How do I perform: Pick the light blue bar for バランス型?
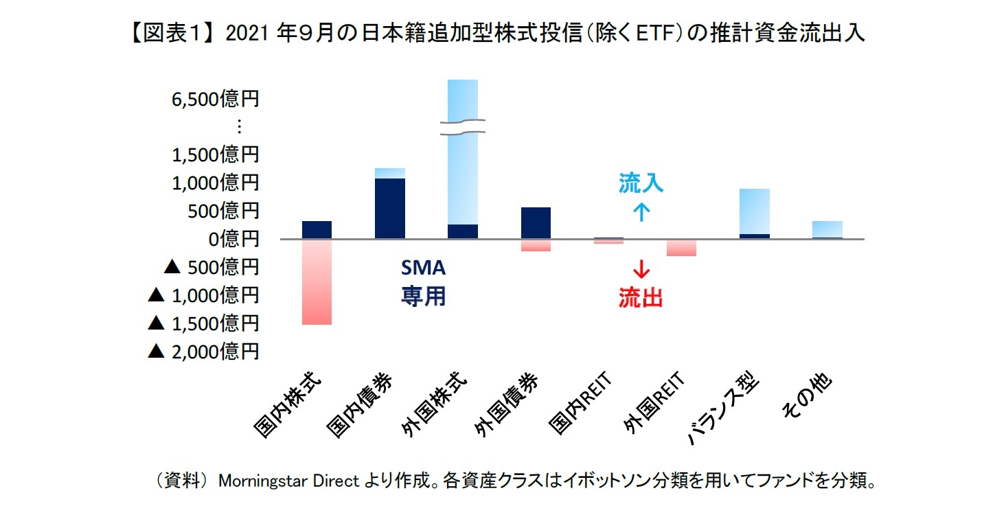[x=754, y=211]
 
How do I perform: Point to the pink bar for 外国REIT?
[x=681, y=248]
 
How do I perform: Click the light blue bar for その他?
[x=827, y=229]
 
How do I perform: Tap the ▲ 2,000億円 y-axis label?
[x=203, y=352]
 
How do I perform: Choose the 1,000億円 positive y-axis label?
[x=214, y=183]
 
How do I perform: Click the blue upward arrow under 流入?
[x=641, y=211]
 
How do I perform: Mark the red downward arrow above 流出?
[x=641, y=268]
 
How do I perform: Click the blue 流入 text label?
[x=641, y=183]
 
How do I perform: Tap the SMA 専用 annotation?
[x=423, y=283]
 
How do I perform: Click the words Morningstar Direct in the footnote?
[x=288, y=481]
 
